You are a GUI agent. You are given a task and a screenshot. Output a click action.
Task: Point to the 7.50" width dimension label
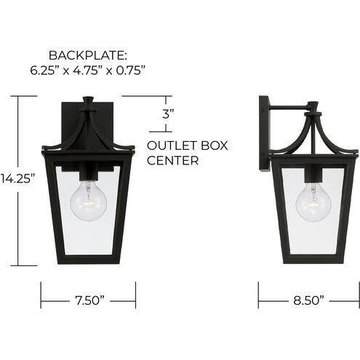pos(88,300)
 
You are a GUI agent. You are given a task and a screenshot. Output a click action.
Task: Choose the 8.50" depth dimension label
pos(308,300)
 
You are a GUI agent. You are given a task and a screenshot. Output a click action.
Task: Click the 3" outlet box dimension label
pos(167,113)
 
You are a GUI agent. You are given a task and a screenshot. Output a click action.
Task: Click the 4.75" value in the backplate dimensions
pos(88,71)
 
